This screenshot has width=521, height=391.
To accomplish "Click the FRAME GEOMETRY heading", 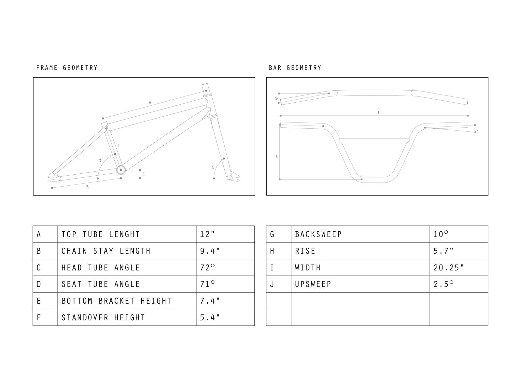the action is [67, 68].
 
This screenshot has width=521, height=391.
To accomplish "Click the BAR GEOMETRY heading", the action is [295, 68].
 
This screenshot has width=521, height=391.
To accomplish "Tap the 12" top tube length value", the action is [207, 234].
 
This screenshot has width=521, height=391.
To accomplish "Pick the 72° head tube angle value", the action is [207, 268].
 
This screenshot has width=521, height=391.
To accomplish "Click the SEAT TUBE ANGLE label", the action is [101, 284].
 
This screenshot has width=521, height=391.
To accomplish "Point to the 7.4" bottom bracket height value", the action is [210, 301].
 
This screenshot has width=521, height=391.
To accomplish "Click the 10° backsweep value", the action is [441, 234].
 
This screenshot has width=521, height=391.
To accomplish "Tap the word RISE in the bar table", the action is [305, 251].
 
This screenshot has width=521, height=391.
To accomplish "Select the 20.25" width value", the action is [449, 268].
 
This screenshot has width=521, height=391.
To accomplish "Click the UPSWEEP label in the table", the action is [313, 284].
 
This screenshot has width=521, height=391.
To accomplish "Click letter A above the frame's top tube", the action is [150, 103].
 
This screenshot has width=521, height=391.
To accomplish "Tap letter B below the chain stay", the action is [87, 187].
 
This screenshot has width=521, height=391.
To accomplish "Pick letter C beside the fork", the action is [213, 167].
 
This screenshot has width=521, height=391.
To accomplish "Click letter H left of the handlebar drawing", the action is [277, 156].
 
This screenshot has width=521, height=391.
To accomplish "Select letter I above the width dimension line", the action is [378, 113].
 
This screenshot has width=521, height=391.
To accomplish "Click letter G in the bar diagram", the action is [276, 98].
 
